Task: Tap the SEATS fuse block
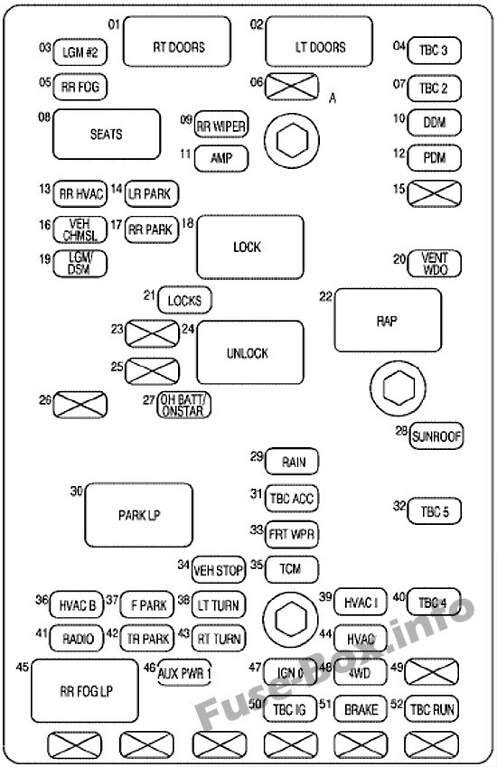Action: coord(106,135)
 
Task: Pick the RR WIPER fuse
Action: coord(221,126)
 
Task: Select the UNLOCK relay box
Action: coord(249,353)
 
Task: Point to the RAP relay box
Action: coord(388,319)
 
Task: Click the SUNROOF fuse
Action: coord(436,436)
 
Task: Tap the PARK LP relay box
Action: coord(138,516)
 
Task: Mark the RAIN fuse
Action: coord(293,462)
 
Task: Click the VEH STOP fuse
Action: coord(219,569)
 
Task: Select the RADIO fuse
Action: coord(79,638)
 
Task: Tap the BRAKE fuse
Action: coord(361,710)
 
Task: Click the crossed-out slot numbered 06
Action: coord(293,88)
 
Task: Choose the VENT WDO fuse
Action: coord(435,263)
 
